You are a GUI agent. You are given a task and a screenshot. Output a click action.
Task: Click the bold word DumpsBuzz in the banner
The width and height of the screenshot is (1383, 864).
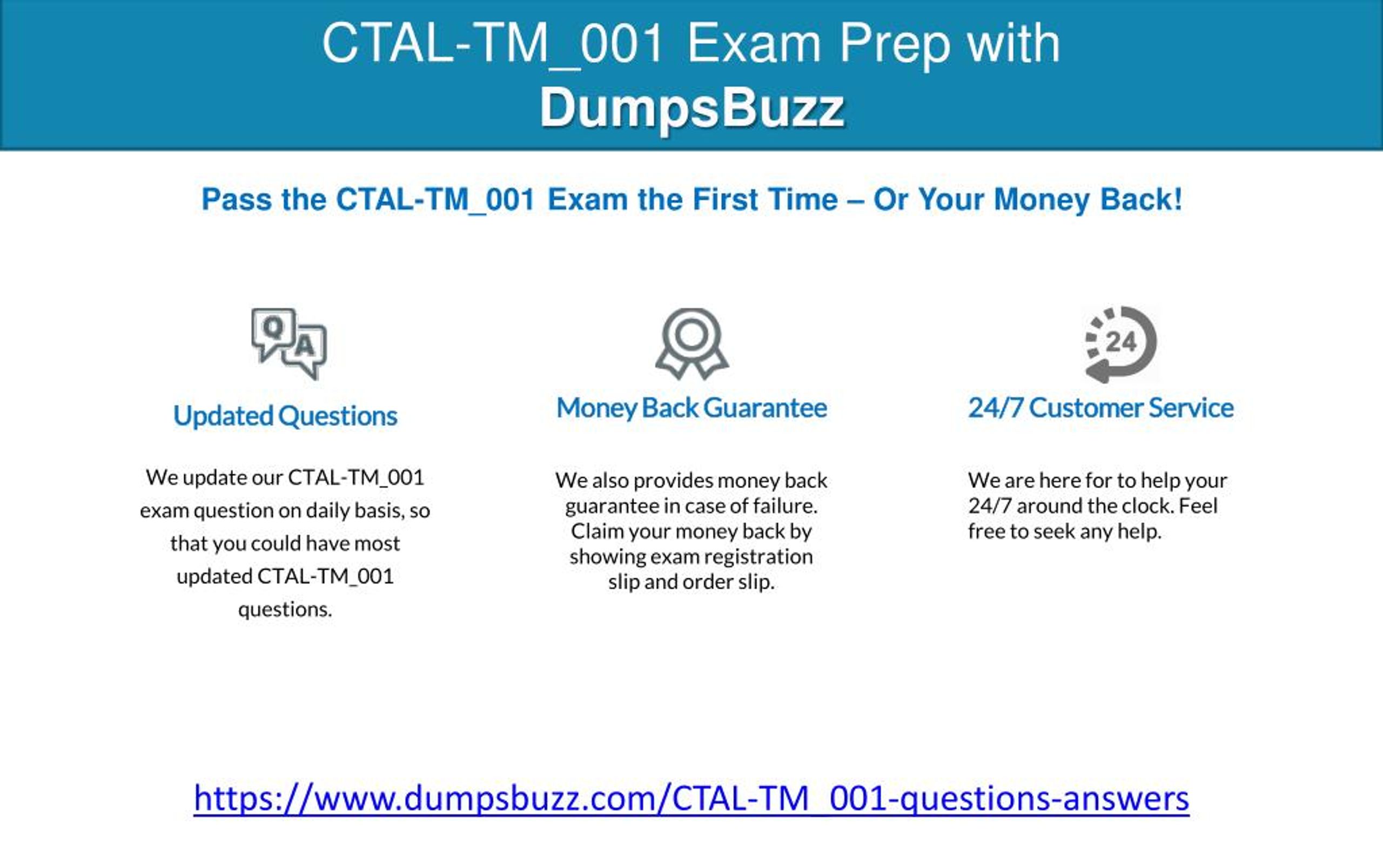coord(692,108)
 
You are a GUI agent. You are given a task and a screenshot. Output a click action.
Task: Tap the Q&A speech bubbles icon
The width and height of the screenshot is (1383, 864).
coord(289,344)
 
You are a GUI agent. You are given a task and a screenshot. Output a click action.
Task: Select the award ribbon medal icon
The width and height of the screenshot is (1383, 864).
coord(691,344)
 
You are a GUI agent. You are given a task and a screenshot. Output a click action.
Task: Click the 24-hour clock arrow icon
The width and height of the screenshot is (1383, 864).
coord(1120,344)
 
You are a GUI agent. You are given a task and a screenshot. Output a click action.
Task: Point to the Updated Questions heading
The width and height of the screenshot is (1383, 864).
coord(285,416)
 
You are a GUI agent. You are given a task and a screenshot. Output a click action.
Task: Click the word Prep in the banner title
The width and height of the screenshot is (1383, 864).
coord(895,45)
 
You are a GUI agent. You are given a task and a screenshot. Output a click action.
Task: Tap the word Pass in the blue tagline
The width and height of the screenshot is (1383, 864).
coord(237,199)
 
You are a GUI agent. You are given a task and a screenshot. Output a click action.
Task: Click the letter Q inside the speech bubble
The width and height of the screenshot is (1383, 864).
coord(274,327)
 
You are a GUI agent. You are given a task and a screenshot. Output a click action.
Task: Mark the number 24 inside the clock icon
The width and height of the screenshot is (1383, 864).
coord(1120,342)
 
